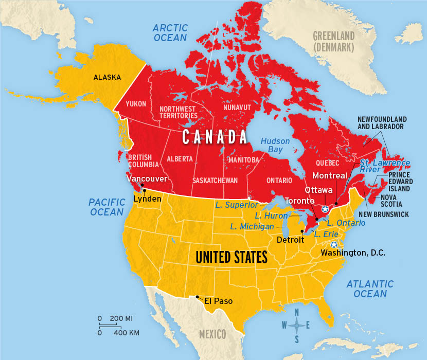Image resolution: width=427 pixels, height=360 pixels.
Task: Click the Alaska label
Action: pyautogui.click(x=107, y=78)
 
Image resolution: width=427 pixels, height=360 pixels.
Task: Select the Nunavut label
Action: pyautogui.click(x=236, y=108)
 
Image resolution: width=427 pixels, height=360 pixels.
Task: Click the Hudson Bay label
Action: pyautogui.click(x=275, y=145)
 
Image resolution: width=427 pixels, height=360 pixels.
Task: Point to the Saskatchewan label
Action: pyautogui.click(x=215, y=181)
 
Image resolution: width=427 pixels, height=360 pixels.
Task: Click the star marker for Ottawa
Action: pyautogui.click(x=325, y=209)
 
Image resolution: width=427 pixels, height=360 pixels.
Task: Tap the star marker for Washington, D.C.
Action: pyautogui.click(x=334, y=245)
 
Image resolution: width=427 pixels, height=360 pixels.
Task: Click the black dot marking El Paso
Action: pyautogui.click(x=197, y=296)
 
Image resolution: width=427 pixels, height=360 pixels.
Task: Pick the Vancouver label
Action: pyautogui.click(x=147, y=179)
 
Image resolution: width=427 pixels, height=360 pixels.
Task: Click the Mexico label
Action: pyautogui.click(x=212, y=334)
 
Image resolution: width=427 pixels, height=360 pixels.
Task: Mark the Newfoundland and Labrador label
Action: pyautogui.click(x=381, y=122)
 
